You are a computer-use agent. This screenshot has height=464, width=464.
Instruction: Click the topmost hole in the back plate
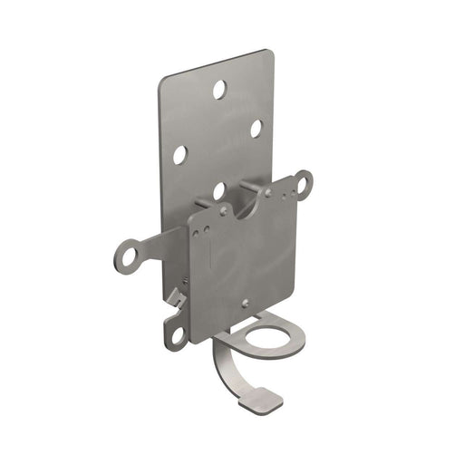(219, 89)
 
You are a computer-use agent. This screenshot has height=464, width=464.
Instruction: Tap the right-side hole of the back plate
(256, 129)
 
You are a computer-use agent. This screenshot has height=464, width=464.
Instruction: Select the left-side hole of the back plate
(180, 155)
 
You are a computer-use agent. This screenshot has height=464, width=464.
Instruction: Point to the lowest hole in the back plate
(218, 190)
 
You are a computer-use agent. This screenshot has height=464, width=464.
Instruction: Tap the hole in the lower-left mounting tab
(175, 334)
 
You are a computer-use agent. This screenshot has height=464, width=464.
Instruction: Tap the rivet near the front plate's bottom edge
(245, 303)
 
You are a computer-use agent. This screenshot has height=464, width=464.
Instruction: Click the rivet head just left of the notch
(224, 210)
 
